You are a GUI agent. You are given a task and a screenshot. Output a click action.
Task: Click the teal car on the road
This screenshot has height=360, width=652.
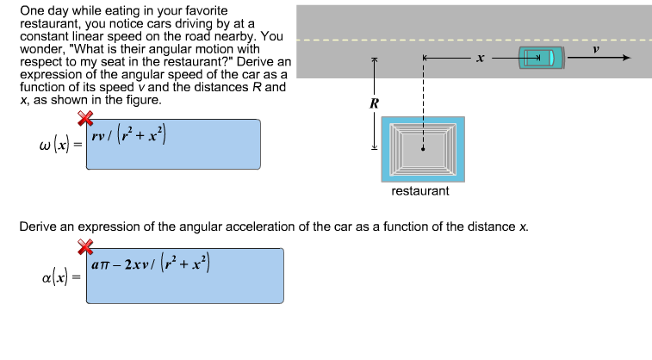541,58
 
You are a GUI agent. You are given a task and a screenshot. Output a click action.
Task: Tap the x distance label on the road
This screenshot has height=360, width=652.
481,58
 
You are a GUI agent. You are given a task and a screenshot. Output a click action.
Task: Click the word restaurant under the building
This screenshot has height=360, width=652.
420,190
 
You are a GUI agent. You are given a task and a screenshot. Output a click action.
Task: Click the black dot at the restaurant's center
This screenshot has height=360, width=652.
423,149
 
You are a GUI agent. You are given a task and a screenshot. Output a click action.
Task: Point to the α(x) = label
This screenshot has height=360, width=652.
61,277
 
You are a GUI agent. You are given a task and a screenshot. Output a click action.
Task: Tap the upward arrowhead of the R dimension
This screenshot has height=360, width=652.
374,60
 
